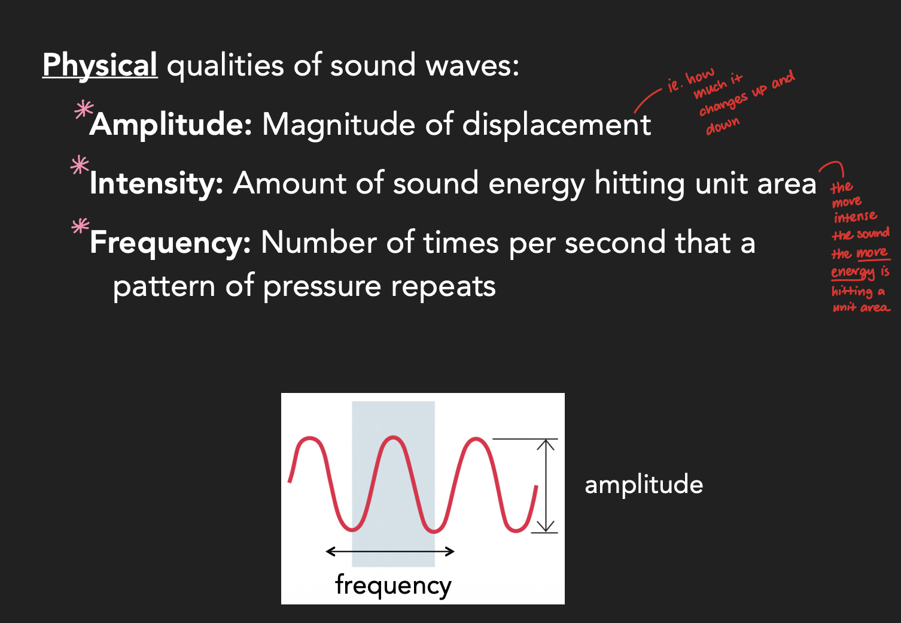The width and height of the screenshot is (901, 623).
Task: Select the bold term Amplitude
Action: click(171, 125)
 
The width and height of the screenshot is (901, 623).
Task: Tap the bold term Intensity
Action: click(156, 183)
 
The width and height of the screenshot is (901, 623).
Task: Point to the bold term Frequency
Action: click(170, 243)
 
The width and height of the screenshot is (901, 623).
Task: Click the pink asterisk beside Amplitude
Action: click(83, 110)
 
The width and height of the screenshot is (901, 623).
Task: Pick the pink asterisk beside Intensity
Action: click(80, 165)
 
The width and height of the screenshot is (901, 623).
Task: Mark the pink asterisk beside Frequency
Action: click(80, 226)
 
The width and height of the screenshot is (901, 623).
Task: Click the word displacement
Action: click(556, 125)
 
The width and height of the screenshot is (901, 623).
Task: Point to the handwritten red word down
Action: click(723, 126)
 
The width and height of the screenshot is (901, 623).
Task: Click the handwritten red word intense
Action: click(855, 216)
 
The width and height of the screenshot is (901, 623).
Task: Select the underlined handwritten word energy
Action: click(853, 273)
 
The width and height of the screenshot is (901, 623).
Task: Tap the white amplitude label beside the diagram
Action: click(643, 485)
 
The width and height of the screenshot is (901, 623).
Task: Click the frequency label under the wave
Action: click(393, 585)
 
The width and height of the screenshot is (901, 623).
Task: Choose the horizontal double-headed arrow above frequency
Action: click(390, 551)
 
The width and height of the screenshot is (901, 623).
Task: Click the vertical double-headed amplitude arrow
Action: click(545, 486)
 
